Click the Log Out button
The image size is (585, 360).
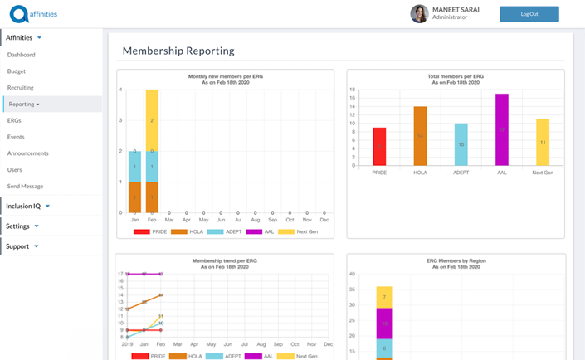tap(529, 14)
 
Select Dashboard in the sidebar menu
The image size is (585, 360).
tap(22, 55)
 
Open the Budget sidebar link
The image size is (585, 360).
tap(17, 71)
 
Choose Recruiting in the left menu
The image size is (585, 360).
tap(21, 88)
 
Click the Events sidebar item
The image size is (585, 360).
tap(16, 137)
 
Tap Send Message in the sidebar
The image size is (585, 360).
tap(25, 186)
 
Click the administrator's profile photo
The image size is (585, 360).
tap(420, 14)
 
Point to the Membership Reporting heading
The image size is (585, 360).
tap(178, 51)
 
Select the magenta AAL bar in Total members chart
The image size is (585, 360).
tap(501, 129)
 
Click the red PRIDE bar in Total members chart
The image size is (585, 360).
tap(379, 146)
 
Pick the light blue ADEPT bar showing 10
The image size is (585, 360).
tap(461, 144)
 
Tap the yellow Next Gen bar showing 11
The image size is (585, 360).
tap(542, 142)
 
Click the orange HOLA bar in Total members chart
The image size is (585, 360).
tap(420, 136)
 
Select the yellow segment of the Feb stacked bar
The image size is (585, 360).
tap(152, 119)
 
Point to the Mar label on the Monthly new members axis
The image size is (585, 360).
tap(169, 220)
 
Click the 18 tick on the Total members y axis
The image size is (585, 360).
tap(353, 89)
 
